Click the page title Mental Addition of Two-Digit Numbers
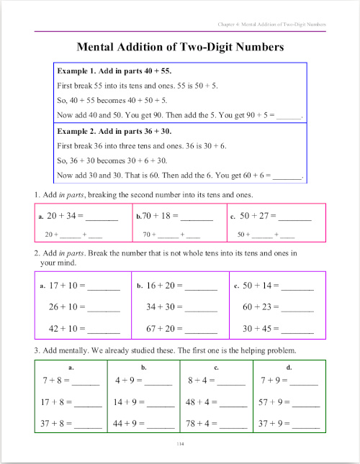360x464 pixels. click(180, 47)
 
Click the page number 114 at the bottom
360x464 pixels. click(180, 445)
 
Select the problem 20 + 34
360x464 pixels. click(63, 216)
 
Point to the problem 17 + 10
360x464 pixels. click(65, 286)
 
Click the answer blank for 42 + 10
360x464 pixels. click(104, 329)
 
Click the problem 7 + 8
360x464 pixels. click(55, 380)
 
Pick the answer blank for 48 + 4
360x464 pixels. click(232, 402)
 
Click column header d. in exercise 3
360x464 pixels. click(289, 367)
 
